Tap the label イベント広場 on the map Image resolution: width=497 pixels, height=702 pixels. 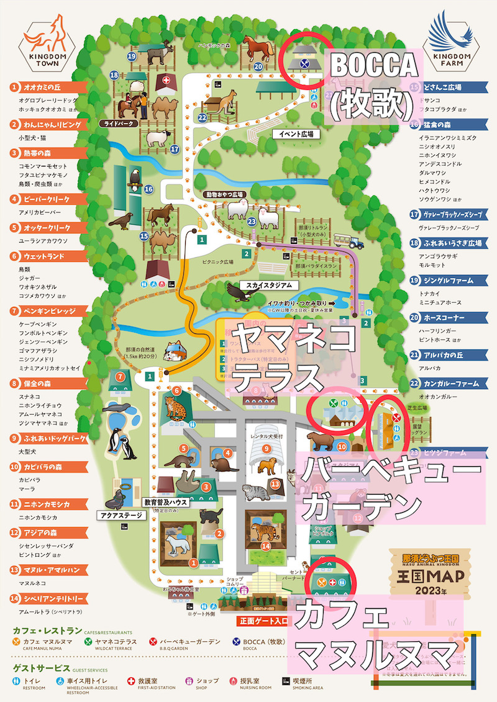[295, 133]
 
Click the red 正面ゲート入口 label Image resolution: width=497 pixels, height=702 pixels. [264, 620]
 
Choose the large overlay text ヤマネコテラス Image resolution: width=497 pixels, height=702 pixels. [289, 357]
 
